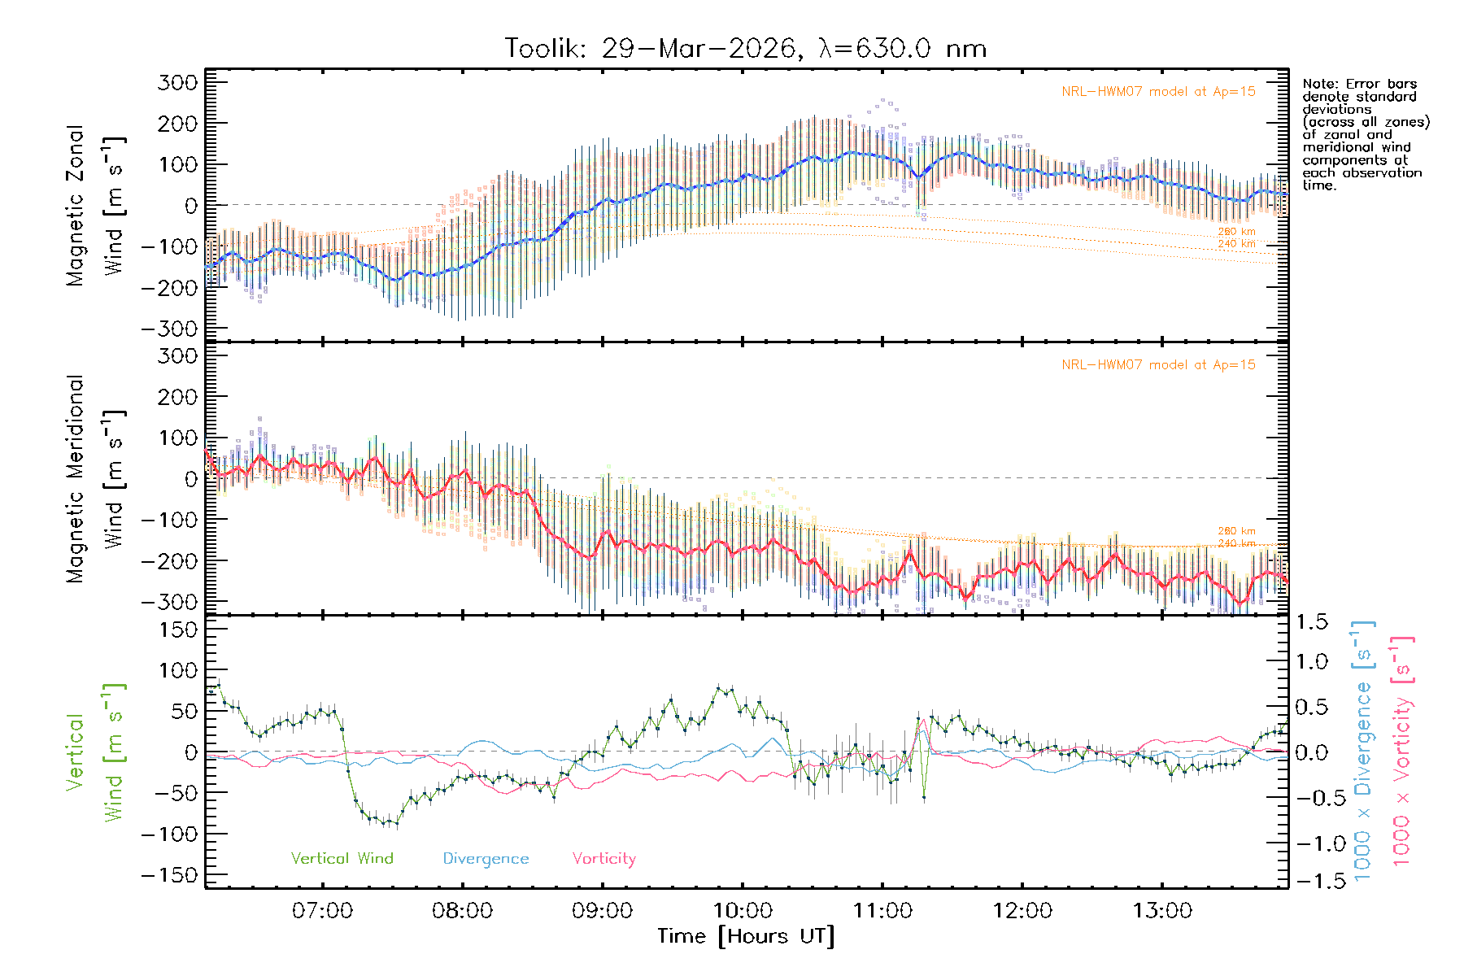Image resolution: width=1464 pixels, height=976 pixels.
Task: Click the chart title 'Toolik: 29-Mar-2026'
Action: (x=651, y=49)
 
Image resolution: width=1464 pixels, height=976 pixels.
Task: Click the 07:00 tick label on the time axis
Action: (x=322, y=911)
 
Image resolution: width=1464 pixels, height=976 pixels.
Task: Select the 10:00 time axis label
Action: (x=743, y=911)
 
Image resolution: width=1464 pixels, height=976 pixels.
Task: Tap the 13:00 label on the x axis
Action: (x=1162, y=911)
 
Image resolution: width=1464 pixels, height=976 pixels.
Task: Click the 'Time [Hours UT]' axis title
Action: (x=746, y=937)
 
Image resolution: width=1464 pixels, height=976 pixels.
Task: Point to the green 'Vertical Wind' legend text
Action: (x=342, y=859)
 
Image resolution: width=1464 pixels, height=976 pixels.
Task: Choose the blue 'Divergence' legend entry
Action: (x=486, y=859)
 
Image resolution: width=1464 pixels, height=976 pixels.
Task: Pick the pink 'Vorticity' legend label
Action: (x=603, y=859)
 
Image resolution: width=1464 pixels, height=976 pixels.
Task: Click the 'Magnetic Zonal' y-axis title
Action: (x=76, y=205)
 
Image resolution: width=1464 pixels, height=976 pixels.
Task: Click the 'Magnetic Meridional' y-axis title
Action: (x=76, y=479)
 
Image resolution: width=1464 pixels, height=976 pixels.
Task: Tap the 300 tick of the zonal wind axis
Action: (x=177, y=82)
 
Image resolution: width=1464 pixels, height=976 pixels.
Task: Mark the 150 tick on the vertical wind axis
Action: (x=177, y=630)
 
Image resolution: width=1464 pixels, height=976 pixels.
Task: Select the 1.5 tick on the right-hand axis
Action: (x=1312, y=622)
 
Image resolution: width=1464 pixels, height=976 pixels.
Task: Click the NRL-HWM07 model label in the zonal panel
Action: (x=1158, y=92)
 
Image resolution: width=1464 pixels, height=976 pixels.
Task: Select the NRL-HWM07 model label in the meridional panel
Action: (x=1158, y=365)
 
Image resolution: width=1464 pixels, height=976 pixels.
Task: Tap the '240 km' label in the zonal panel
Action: (x=1236, y=244)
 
